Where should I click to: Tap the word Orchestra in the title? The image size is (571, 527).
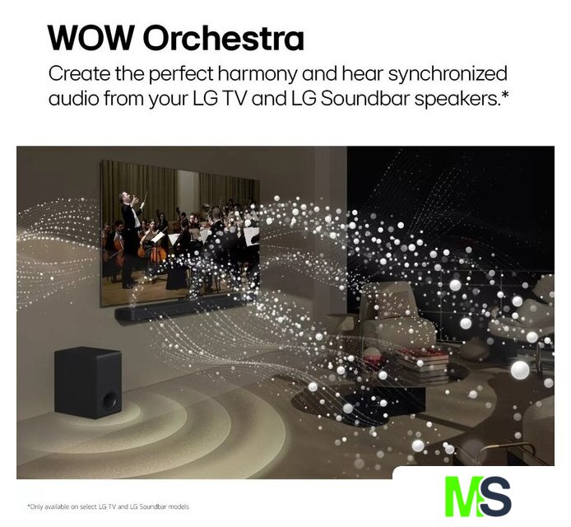coord(224,38)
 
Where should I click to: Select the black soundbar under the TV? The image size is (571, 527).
coord(182,309)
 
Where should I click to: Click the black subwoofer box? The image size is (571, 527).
coord(88,382)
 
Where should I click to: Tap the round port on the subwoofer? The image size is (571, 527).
coord(109,399)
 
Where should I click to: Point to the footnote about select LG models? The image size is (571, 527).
coord(109,506)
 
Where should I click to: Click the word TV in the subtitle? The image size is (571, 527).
coord(235,99)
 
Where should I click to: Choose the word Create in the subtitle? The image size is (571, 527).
coord(80,74)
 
